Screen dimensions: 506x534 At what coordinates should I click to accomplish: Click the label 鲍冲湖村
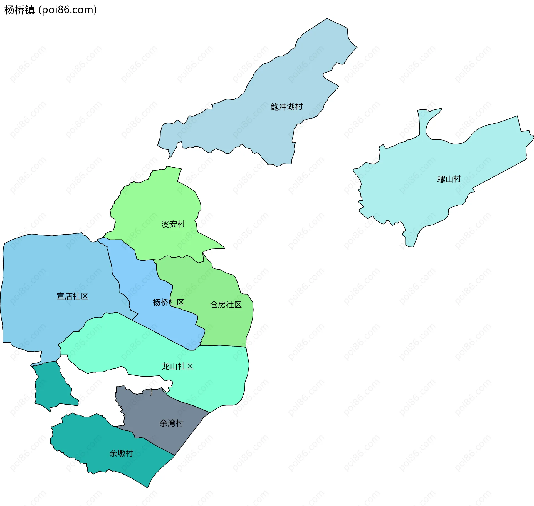287,107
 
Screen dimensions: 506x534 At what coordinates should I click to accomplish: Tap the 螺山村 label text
449,179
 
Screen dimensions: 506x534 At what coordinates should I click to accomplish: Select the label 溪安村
173,224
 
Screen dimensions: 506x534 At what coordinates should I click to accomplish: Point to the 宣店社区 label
73,296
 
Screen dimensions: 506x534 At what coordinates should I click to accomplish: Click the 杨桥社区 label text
168,302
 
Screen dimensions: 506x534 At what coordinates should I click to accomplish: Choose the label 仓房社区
226,305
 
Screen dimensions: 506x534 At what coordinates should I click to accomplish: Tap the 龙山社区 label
177,366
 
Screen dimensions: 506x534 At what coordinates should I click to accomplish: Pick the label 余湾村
171,423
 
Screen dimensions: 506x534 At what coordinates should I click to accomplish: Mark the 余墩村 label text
121,453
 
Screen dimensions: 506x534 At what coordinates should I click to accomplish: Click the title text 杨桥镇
19,10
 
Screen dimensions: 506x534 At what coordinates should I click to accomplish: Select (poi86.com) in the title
68,10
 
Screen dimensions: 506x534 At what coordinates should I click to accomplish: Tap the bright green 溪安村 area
156,200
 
